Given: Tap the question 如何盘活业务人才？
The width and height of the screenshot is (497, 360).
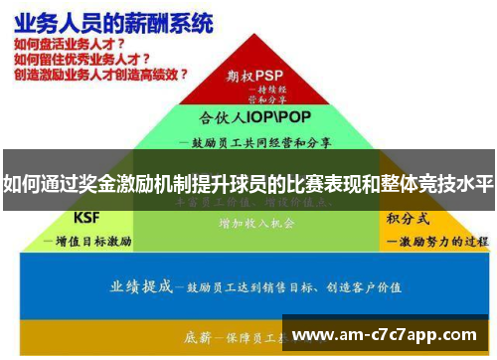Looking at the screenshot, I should click(71, 44).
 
